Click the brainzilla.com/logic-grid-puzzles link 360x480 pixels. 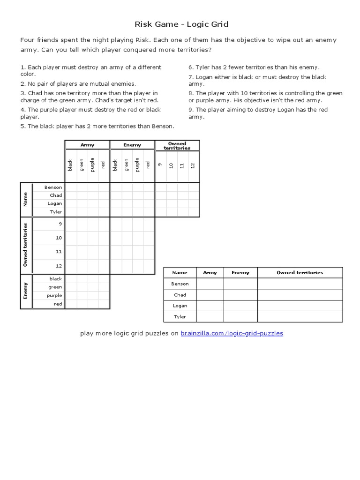[232, 333]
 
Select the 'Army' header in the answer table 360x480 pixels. [210, 272]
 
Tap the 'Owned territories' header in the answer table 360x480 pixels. [300, 272]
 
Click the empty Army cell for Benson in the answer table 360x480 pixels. [210, 284]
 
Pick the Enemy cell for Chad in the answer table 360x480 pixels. [240, 295]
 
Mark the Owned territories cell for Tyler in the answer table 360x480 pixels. [300, 317]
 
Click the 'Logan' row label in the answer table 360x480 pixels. [180, 306]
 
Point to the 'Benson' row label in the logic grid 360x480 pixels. [53, 187]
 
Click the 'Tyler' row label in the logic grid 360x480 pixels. [56, 212]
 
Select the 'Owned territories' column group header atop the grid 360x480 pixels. [177, 145]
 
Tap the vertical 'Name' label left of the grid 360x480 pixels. [26, 199]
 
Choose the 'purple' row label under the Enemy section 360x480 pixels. [54, 295]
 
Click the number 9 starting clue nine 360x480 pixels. [190, 110]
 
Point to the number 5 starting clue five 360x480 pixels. [22, 126]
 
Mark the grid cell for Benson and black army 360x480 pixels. [70, 187]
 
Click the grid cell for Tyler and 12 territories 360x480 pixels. [194, 212]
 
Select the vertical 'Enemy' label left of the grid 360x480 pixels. [26, 291]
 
